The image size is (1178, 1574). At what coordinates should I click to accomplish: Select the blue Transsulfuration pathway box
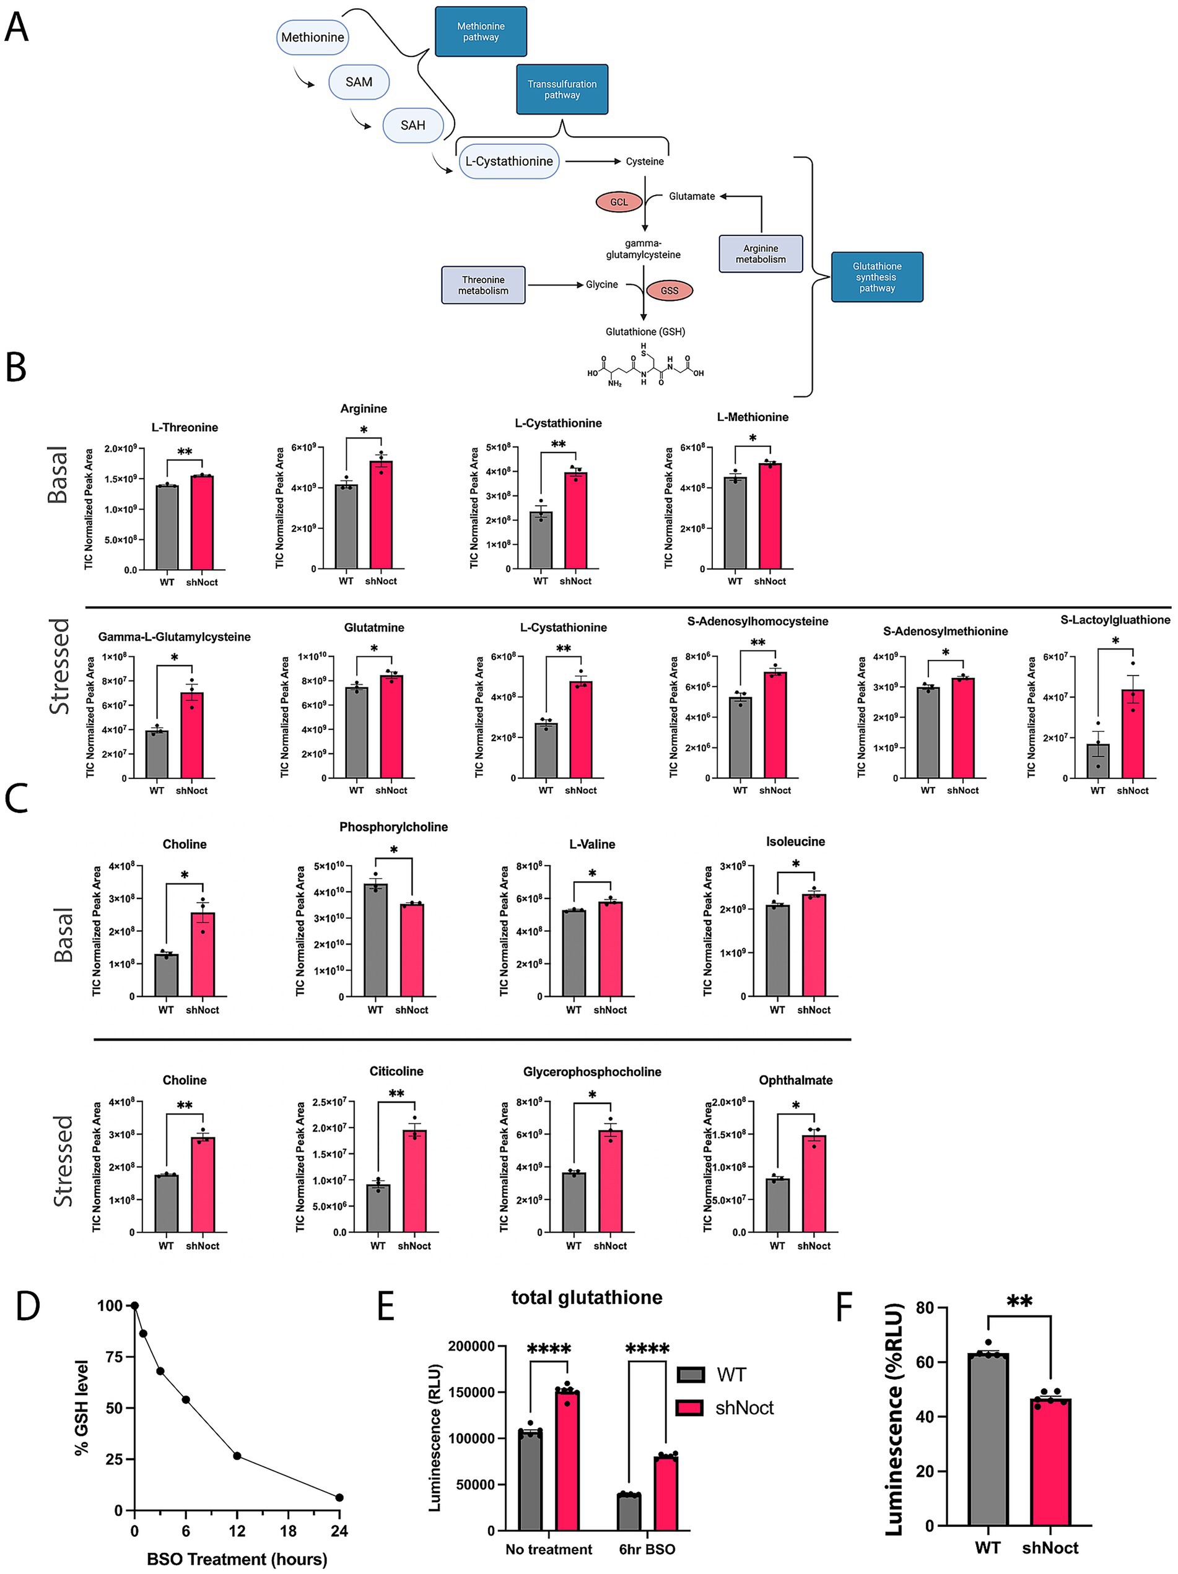[562, 89]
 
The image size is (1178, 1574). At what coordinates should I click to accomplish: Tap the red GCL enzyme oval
[619, 202]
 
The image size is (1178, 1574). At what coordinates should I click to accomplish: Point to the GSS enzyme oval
[669, 290]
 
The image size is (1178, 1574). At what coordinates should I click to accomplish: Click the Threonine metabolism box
[482, 285]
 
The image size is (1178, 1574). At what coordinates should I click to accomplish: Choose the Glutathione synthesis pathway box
[876, 277]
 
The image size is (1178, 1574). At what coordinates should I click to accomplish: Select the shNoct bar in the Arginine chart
[381, 515]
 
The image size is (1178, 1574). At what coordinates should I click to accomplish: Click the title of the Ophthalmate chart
[795, 1080]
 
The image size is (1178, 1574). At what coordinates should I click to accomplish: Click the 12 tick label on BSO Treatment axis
[237, 1531]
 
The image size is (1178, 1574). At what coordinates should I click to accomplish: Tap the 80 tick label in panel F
[925, 1308]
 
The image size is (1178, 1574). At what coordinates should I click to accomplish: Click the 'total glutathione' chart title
[587, 1297]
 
